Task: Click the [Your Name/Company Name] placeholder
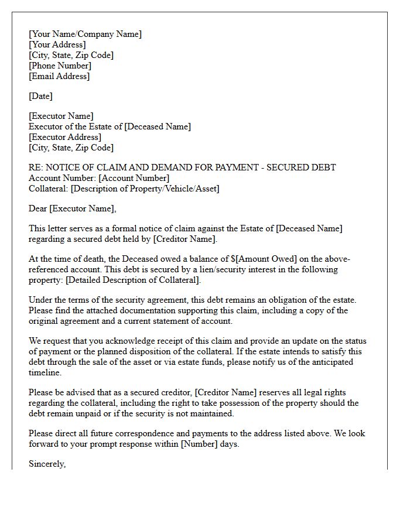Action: tap(85, 34)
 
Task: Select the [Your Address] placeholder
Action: tap(57, 45)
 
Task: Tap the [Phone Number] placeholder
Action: tap(60, 66)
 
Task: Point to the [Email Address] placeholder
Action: tap(59, 76)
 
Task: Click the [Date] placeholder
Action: tap(40, 96)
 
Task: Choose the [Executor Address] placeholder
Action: tap(64, 137)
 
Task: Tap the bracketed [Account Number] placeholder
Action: tap(134, 178)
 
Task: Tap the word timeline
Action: tap(45, 372)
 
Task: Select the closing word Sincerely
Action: tap(47, 464)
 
